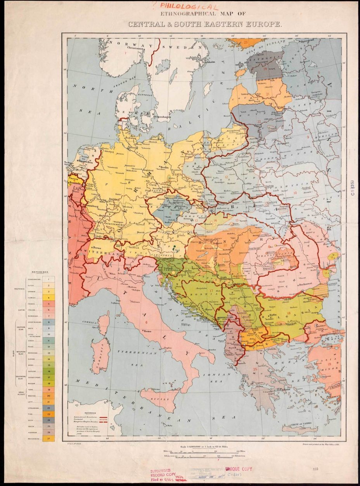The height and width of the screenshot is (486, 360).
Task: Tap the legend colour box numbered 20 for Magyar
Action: (48, 396)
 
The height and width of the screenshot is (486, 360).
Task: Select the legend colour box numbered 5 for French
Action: (48, 304)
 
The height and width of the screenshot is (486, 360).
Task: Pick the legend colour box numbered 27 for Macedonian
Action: (48, 438)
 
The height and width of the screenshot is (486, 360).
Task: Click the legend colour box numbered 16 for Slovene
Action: (48, 371)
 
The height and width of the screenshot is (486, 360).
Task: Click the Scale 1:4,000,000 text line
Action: (209, 446)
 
